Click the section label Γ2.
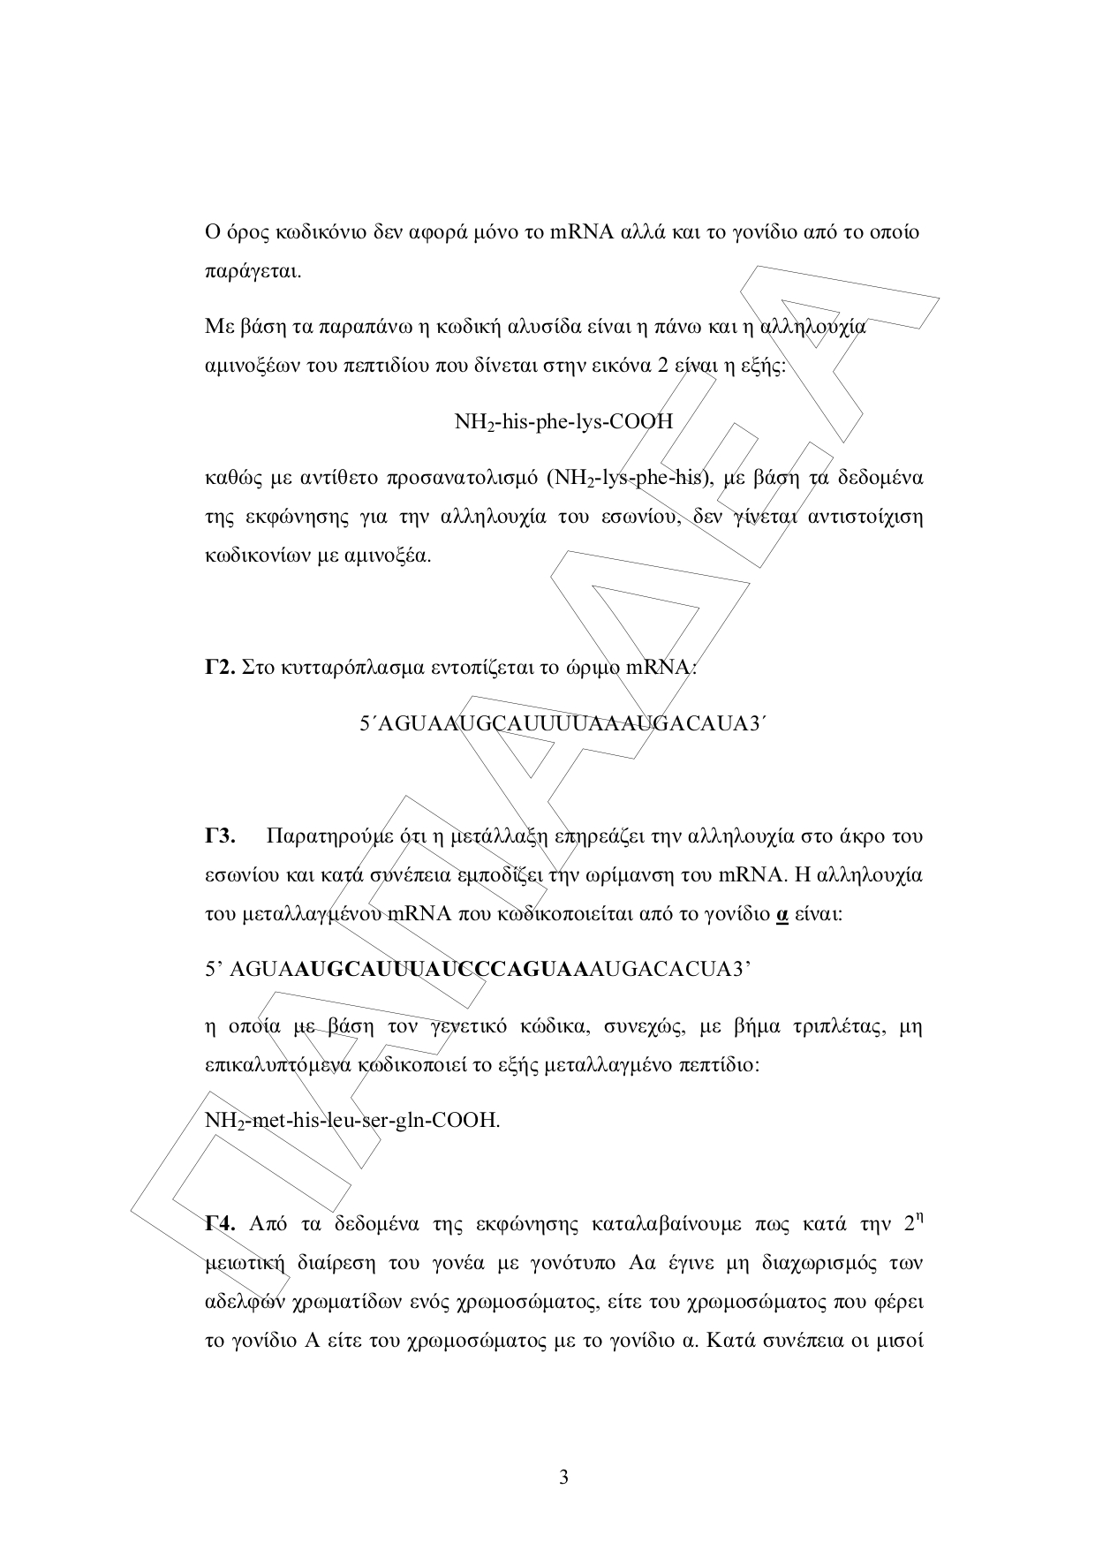pyautogui.click(x=218, y=668)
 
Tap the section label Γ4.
pyautogui.click(x=219, y=1223)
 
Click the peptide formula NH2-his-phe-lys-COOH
pyautogui.click(x=563, y=421)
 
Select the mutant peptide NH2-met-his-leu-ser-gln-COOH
pyautogui.click(x=351, y=1121)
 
